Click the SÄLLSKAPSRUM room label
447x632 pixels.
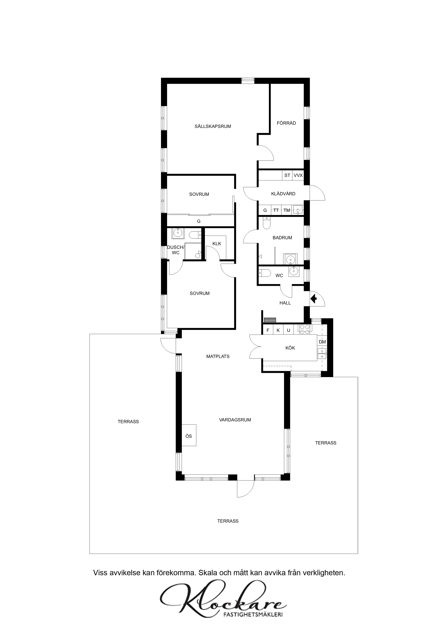[x=213, y=127]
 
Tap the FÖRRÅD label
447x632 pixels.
[x=286, y=123]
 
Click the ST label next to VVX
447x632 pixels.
[x=287, y=175]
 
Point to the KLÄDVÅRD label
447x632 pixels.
[x=283, y=194]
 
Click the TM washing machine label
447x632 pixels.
[x=287, y=210]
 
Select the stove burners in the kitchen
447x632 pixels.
[x=305, y=330]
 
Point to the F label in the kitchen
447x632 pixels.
[x=268, y=330]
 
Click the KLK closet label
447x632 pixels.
[x=217, y=244]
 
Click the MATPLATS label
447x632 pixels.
[x=218, y=357]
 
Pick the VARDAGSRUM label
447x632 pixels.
[x=235, y=420]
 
